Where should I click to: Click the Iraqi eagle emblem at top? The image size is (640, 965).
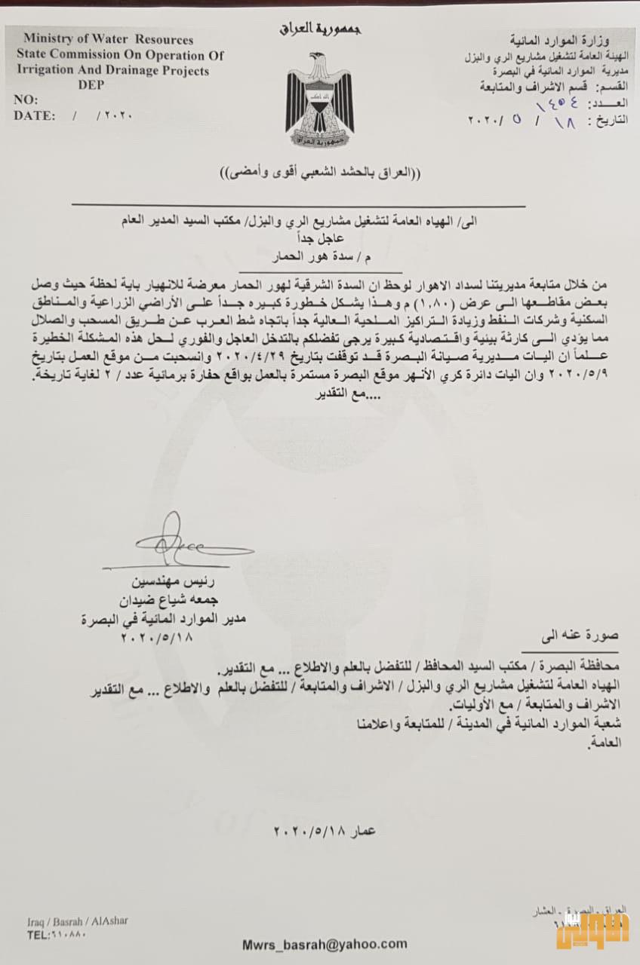coord(319,93)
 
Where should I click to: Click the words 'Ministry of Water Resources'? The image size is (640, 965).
coord(108,40)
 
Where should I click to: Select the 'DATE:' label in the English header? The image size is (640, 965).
coord(34,116)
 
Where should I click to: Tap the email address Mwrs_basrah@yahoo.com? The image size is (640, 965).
coord(324,944)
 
